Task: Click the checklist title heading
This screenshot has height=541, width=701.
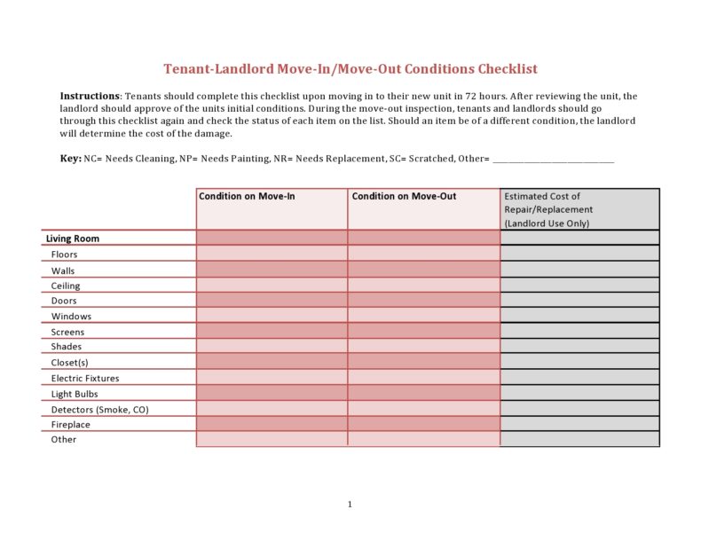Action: tap(350, 69)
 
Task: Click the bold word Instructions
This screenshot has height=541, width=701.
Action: tap(90, 96)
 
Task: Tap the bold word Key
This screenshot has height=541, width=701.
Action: tap(70, 158)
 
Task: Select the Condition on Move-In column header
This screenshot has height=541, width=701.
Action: tap(247, 196)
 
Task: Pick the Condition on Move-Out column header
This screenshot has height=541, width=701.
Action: tap(404, 196)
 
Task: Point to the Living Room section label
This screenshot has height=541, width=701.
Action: tap(73, 239)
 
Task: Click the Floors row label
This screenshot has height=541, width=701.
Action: tap(64, 255)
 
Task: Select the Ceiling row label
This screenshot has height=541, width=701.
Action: tap(66, 286)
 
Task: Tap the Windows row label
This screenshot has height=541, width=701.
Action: tap(71, 317)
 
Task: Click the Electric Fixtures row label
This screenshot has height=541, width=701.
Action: tap(85, 379)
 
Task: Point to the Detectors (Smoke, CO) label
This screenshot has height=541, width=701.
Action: tap(99, 410)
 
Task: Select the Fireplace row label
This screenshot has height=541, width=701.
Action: tap(71, 425)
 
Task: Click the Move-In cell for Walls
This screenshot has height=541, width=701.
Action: tap(272, 269)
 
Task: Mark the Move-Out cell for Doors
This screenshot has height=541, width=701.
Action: tap(423, 300)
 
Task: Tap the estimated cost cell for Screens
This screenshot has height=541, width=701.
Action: tap(579, 331)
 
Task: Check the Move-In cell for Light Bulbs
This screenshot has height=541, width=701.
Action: tap(272, 393)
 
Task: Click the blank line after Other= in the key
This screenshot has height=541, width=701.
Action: tap(553, 159)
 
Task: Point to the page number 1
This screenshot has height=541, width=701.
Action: tap(350, 505)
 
